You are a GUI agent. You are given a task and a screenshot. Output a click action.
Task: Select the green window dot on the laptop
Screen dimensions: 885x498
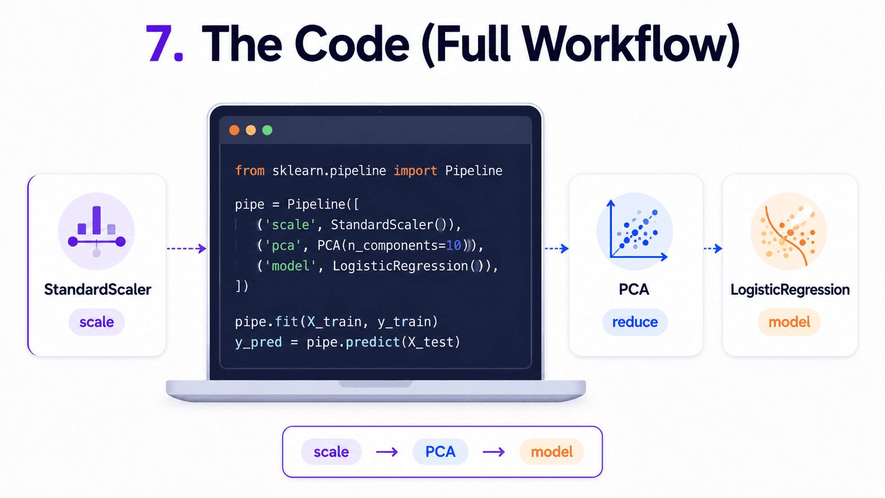pos(267,130)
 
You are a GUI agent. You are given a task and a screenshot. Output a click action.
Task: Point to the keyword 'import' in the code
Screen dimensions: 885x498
pos(415,170)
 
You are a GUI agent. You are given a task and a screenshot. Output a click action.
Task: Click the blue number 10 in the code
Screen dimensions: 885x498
pos(454,246)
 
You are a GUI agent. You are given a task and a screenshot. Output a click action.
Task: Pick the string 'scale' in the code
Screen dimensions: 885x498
pos(291,225)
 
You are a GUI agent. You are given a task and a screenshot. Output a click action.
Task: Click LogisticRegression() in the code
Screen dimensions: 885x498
pos(408,266)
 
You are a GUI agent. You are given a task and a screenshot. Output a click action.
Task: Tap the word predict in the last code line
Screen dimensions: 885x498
pos(373,342)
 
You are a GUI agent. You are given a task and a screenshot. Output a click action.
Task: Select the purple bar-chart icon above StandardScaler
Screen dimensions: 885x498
pos(96,231)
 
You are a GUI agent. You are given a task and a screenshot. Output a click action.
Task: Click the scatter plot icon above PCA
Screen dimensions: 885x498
pos(635,231)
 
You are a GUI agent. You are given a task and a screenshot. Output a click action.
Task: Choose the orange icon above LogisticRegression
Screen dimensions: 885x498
pos(789,231)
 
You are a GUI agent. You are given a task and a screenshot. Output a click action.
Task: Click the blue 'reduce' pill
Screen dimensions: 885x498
pos(635,322)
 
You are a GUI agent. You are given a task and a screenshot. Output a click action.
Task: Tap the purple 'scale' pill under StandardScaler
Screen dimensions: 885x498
pos(97,322)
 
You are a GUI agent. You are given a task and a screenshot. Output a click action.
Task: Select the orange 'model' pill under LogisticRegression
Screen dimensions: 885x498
pos(789,322)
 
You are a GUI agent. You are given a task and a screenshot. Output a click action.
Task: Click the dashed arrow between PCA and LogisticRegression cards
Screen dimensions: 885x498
pos(713,248)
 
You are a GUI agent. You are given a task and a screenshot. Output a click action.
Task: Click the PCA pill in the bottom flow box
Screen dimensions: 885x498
pos(440,452)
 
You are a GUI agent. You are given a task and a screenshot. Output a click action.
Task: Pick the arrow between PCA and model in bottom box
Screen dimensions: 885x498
pos(494,452)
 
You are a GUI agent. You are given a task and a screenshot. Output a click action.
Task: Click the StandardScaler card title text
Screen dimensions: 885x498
pos(97,289)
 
